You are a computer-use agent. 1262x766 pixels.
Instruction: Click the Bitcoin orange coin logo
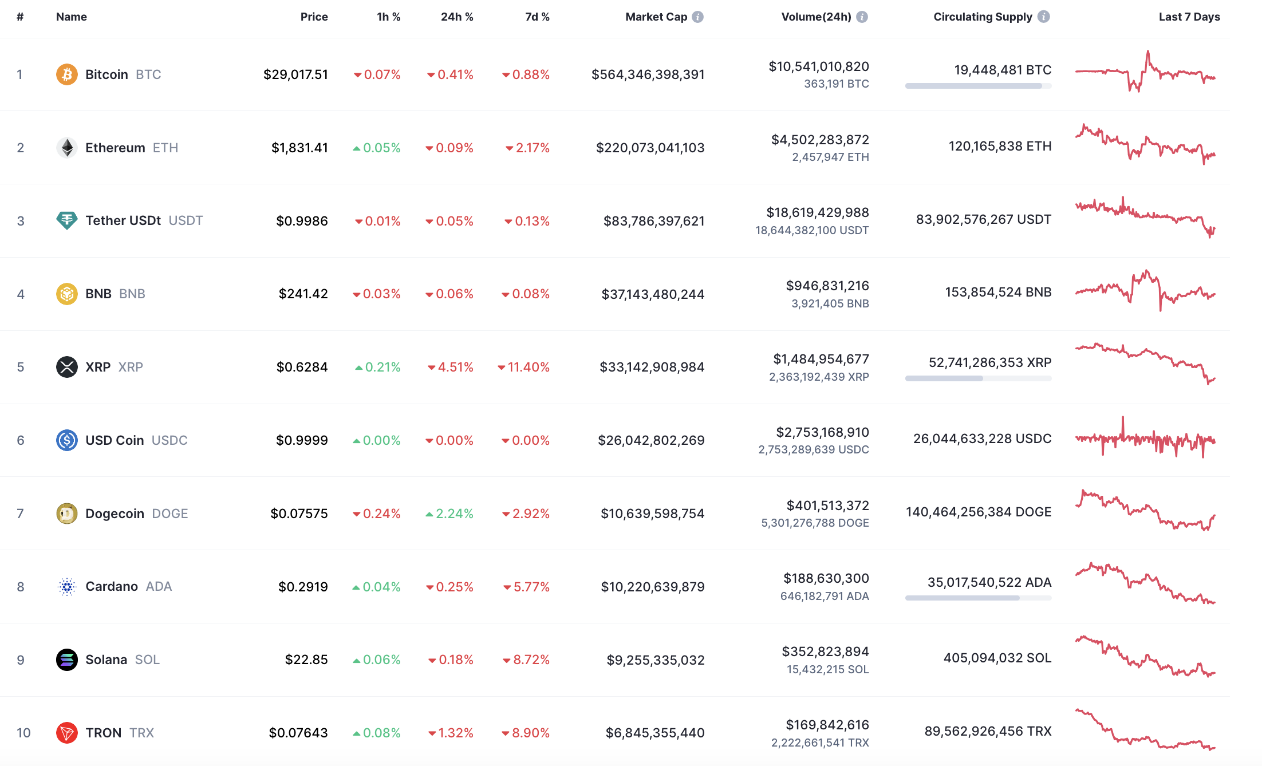(66, 74)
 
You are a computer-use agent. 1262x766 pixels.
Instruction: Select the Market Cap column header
(656, 17)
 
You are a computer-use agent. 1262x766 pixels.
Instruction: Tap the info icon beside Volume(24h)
(862, 17)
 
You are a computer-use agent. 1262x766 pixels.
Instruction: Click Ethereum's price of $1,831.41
(299, 148)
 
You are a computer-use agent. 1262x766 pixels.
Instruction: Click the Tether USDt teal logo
(66, 220)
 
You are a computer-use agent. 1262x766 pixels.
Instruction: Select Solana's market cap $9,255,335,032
(656, 660)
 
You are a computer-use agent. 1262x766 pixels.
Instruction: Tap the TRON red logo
(66, 733)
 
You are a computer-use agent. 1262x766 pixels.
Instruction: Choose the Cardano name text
(112, 586)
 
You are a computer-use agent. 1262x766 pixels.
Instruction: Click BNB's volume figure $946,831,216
(827, 286)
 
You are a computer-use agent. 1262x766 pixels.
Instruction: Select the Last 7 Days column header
(1189, 17)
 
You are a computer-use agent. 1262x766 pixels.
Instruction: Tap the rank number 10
(23, 733)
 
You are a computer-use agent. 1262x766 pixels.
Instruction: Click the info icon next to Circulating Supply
(1044, 17)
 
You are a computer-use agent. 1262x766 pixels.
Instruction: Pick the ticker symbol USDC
(169, 440)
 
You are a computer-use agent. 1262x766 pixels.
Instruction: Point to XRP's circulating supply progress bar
(978, 378)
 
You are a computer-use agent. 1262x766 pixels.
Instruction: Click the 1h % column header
(388, 17)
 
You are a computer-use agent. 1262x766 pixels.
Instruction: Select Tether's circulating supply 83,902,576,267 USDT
(983, 219)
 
